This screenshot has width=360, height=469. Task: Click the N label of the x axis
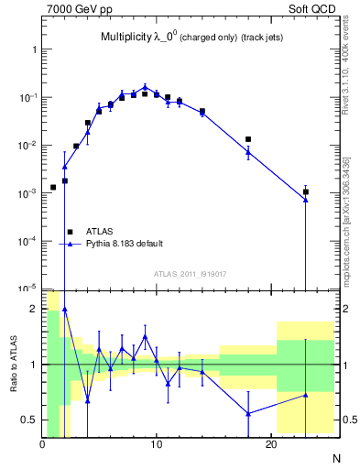(x=335, y=456)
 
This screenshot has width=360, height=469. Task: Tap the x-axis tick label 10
(x=157, y=445)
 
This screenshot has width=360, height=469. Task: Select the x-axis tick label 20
(x=271, y=445)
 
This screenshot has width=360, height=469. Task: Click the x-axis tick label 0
(x=42, y=445)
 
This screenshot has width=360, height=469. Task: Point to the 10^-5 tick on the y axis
(x=27, y=289)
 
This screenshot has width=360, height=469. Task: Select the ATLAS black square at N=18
(x=248, y=139)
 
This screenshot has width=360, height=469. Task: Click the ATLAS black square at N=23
(x=305, y=191)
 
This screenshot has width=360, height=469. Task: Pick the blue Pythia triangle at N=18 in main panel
(x=248, y=151)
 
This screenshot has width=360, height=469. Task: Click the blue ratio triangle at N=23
(x=305, y=395)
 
